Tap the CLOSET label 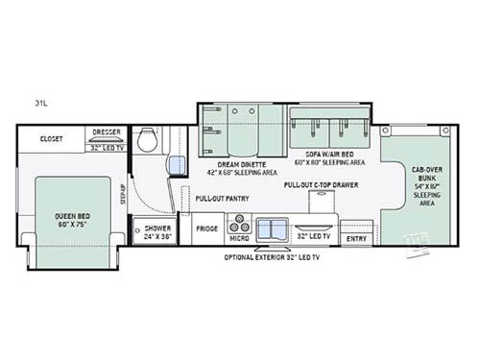pyautogui.click(x=52, y=138)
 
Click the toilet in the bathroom pyautogui.click(x=148, y=141)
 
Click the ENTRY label pyautogui.click(x=356, y=237)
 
